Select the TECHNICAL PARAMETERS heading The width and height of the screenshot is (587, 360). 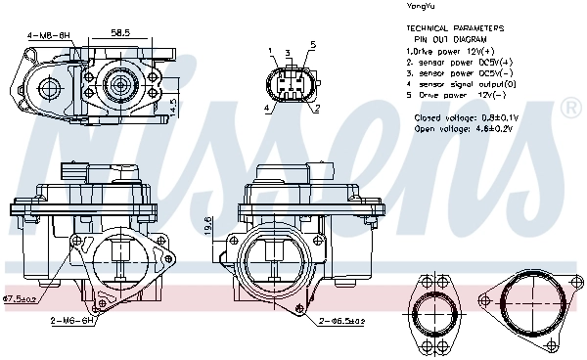point(456,29)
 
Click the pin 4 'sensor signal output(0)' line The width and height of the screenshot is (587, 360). point(464,85)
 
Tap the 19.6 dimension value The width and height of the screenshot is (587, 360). point(207,224)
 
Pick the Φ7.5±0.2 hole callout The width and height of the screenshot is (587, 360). point(20,298)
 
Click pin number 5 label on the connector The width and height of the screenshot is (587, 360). point(311,45)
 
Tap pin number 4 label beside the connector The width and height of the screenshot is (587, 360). point(265,109)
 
